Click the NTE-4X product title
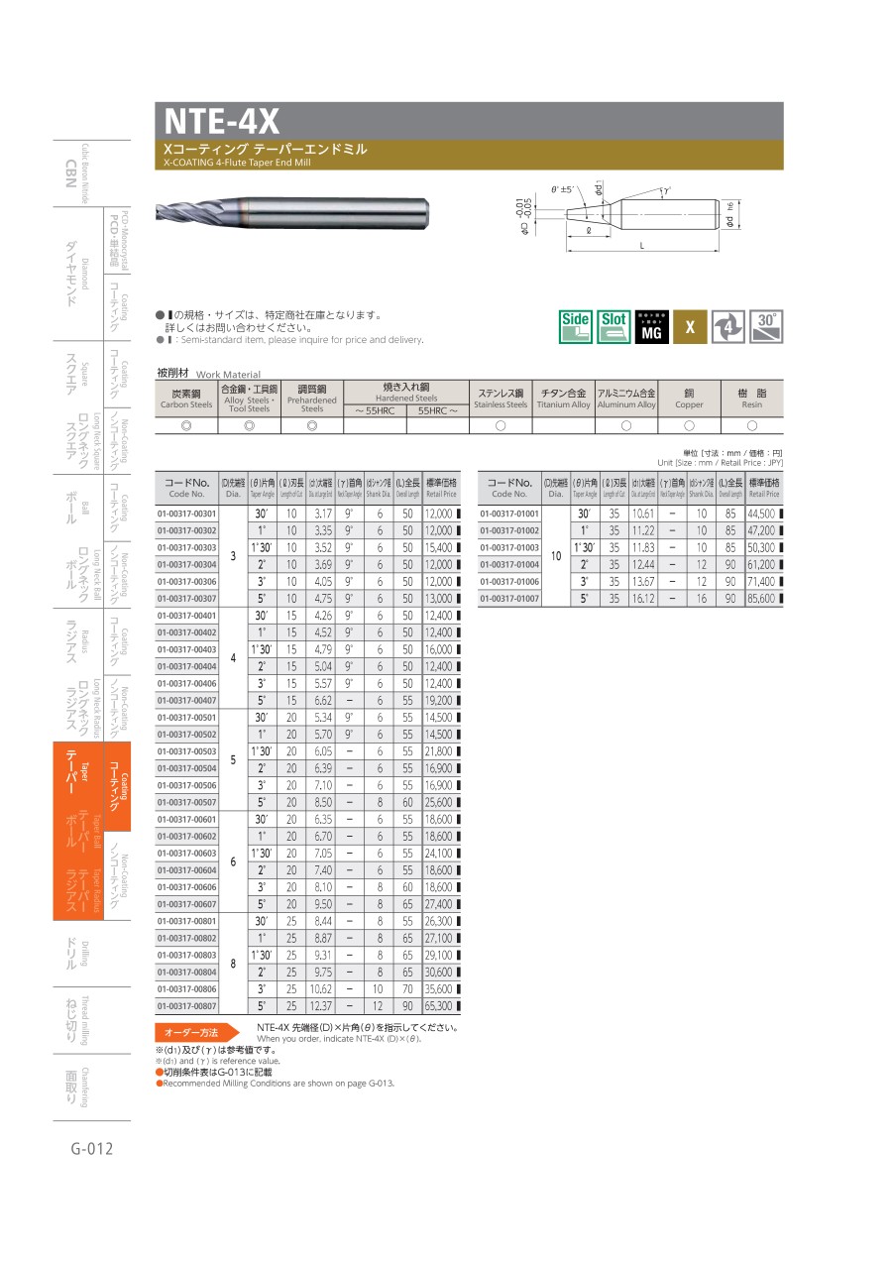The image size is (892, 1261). [222, 121]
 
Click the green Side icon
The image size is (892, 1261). [576, 326]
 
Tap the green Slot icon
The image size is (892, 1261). [613, 326]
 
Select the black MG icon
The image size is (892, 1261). [651, 326]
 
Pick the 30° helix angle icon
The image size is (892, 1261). [765, 326]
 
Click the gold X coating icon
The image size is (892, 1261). [690, 326]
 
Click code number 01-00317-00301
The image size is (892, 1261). [186, 514]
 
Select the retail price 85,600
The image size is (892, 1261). [763, 599]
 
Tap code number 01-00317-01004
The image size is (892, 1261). [509, 565]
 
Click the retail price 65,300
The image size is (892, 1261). [440, 1005]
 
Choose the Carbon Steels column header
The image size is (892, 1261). [186, 398]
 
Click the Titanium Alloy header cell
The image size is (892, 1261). [563, 398]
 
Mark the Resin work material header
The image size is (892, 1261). [751, 398]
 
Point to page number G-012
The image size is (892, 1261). [92, 1149]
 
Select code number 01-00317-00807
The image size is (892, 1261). [186, 1005]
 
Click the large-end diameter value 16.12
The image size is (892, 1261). [642, 599]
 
